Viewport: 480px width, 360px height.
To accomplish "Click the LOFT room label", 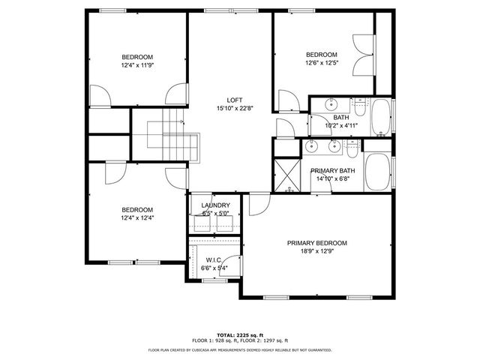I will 235,100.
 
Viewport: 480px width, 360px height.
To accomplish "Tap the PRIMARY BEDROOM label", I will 317,243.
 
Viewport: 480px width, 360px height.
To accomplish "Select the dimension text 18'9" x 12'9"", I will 317,252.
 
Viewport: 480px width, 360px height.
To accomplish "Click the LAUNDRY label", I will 216,205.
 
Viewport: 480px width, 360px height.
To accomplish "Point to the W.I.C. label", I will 215,259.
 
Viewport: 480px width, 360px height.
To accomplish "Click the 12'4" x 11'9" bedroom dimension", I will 138,65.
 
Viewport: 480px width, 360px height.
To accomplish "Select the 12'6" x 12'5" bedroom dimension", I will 321,63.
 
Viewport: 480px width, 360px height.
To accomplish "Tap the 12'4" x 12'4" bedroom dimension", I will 137,218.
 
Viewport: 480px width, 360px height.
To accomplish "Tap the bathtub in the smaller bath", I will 381,115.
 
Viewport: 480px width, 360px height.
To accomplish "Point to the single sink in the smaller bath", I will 330,105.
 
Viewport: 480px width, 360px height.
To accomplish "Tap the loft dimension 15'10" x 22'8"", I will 235,108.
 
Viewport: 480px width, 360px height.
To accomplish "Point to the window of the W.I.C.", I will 214,280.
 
